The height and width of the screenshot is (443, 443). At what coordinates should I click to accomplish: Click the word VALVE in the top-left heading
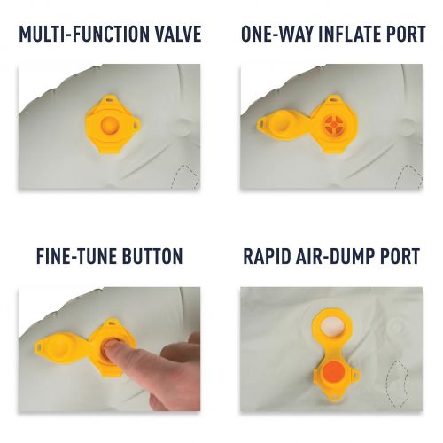[176, 34]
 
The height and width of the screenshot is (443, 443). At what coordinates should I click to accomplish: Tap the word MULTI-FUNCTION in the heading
[82, 34]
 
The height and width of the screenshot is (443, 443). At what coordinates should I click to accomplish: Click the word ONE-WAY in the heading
[277, 34]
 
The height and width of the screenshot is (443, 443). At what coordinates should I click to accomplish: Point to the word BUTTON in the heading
[152, 256]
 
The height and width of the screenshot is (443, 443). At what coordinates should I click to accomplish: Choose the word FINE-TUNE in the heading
[76, 256]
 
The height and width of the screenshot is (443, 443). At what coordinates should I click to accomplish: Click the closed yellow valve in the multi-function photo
[113, 125]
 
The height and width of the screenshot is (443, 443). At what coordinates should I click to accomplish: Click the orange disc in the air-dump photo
[333, 371]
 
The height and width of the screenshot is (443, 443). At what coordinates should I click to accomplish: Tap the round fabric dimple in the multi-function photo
[183, 128]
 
